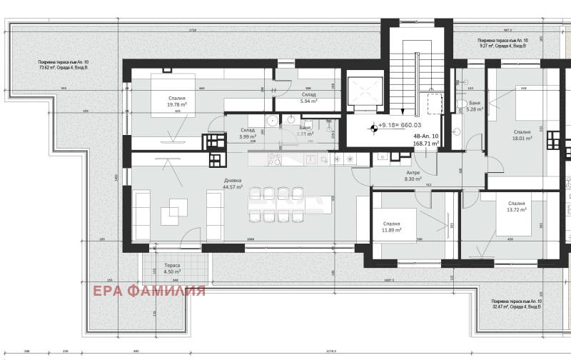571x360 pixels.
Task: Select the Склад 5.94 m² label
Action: coord(308,98)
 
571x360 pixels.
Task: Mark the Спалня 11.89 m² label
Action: coord(391,226)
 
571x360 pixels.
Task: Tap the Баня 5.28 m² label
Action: coord(475,106)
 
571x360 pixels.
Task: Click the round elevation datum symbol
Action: coord(373,129)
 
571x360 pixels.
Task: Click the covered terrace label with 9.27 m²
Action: coord(504,43)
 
